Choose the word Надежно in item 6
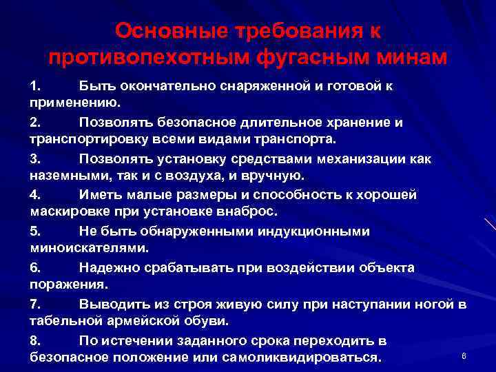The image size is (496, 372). pos(107,267)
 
